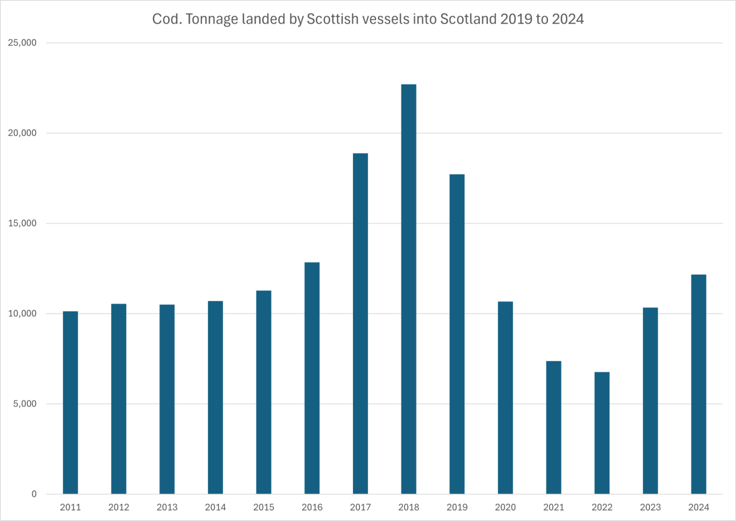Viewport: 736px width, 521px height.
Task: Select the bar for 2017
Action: coord(360,323)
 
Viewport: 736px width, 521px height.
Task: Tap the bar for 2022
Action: coord(602,433)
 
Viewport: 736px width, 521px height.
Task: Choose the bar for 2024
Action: coord(698,384)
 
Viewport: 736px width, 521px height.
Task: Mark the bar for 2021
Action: coord(553,427)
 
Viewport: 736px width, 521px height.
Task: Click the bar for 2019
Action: coord(457,334)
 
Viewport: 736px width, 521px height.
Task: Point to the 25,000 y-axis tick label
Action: coord(23,43)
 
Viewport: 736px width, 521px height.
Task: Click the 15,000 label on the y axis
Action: coord(23,223)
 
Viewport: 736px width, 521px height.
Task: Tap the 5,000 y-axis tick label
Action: coord(25,404)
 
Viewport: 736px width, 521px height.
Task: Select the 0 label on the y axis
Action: coord(34,494)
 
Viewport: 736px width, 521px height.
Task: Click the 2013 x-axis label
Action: coord(167,507)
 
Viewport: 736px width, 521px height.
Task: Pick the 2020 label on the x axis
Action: coord(505,507)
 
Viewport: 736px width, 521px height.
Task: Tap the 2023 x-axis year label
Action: coord(650,507)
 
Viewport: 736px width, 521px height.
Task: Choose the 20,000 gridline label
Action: coord(23,133)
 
